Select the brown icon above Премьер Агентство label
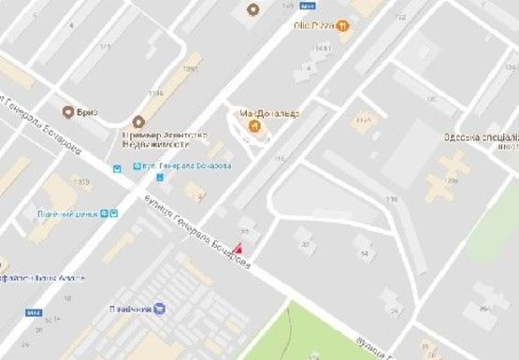tap(138, 121)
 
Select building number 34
tap(364, 252)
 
